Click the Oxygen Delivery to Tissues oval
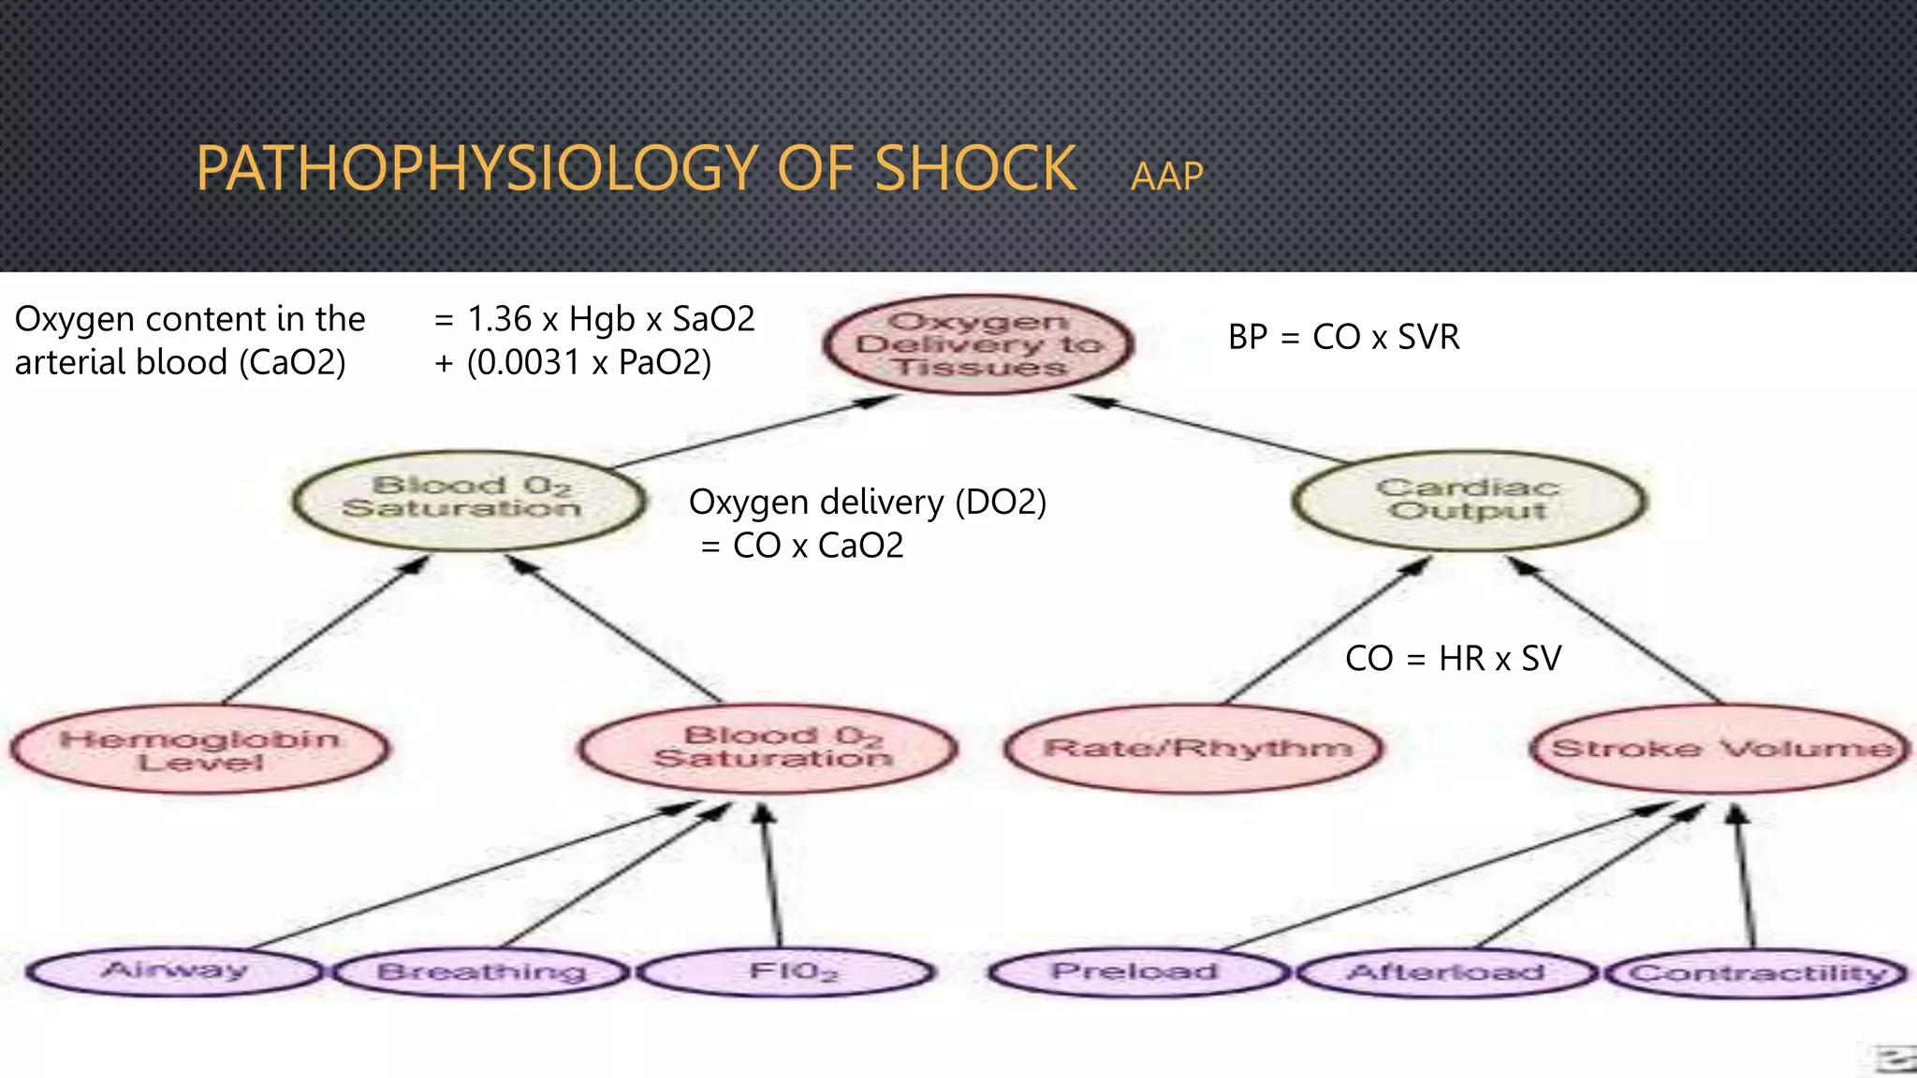pyautogui.click(x=978, y=344)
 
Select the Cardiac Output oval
pyautogui.click(x=1469, y=500)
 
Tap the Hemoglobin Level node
pyautogui.click(x=200, y=750)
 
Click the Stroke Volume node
pyautogui.click(x=1720, y=749)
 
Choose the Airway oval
pyautogui.click(x=174, y=970)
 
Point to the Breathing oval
pyautogui.click(x=482, y=972)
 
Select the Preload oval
pyautogui.click(x=1134, y=972)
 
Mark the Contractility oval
pyautogui.click(x=1757, y=974)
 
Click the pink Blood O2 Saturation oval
pyautogui.click(x=769, y=748)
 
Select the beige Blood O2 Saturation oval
pyautogui.click(x=468, y=499)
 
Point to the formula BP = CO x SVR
pyautogui.click(x=1343, y=337)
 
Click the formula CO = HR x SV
pyautogui.click(x=1453, y=659)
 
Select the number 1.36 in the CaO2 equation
pyautogui.click(x=499, y=319)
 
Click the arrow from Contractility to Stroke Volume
pyautogui.click(x=1746, y=880)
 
